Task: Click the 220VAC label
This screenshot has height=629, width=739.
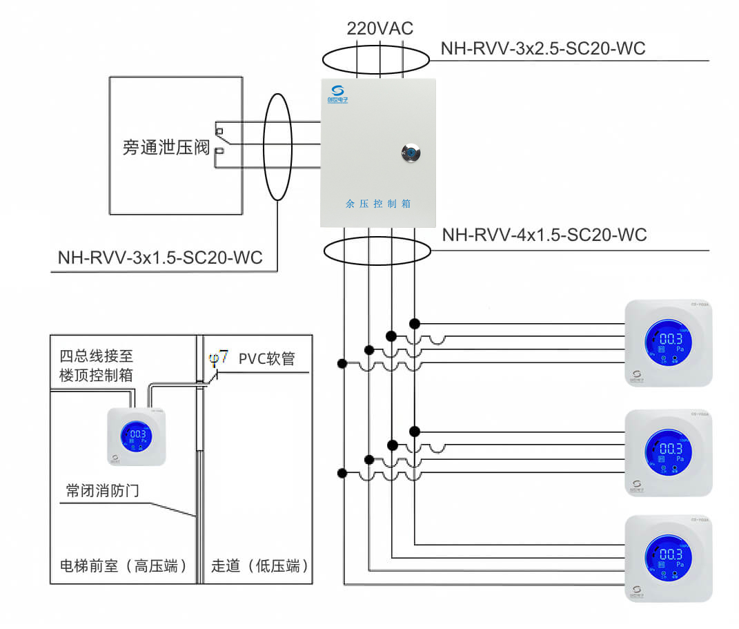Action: tap(380, 28)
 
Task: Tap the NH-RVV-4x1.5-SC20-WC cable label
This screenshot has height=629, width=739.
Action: tap(544, 235)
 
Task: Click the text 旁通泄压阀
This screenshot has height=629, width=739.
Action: tap(166, 147)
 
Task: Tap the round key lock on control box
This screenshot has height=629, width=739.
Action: tap(411, 153)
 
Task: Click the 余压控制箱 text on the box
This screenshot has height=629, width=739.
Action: tap(378, 204)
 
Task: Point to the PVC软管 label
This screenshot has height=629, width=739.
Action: tap(266, 359)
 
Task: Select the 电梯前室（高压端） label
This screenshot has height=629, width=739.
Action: tap(124, 566)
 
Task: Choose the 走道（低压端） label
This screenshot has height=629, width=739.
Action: tap(259, 566)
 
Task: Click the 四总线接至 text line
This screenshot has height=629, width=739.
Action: tap(96, 356)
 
